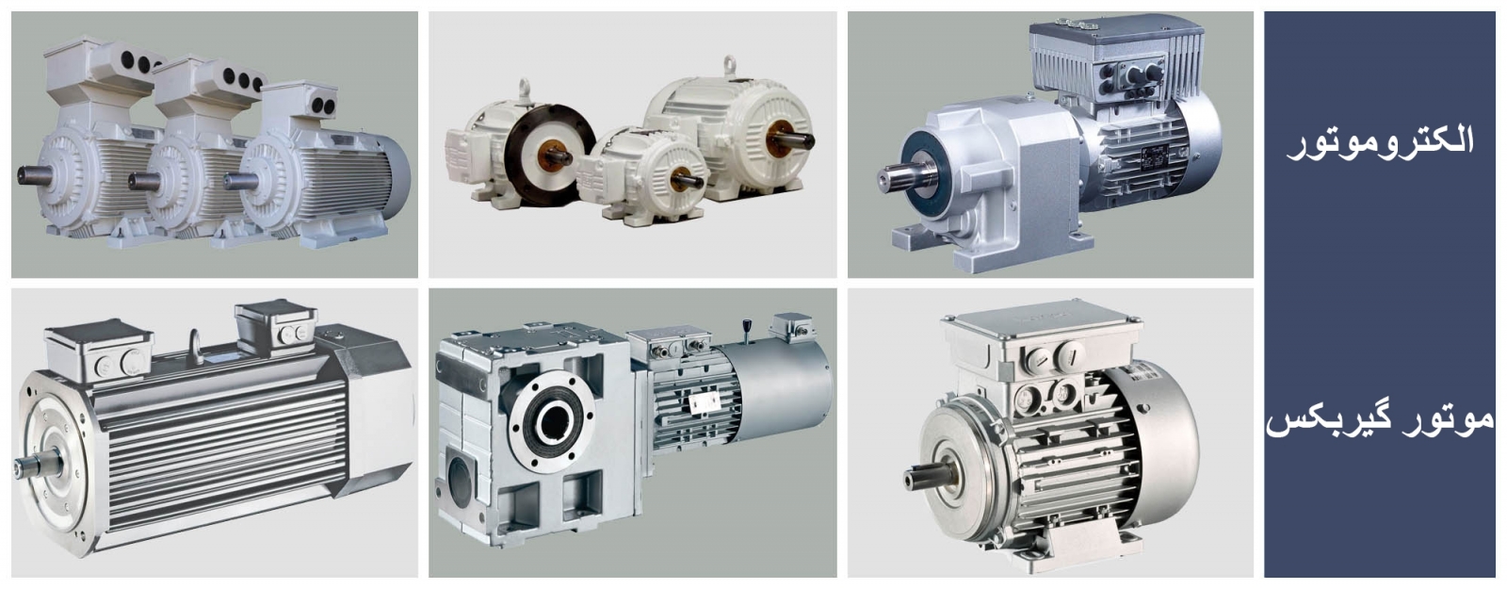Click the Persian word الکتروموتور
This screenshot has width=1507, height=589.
point(1380,142)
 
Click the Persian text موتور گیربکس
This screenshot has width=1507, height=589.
point(1380,420)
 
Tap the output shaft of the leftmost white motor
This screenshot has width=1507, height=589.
point(34,175)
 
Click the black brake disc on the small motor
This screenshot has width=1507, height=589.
point(549,155)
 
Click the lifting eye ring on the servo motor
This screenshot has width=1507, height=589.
point(196,346)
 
